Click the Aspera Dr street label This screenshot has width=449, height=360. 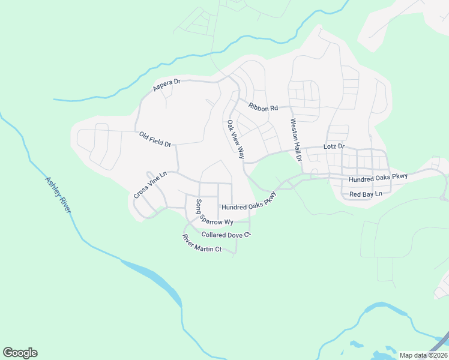pyautogui.click(x=167, y=85)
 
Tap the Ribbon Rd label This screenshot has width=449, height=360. pyautogui.click(x=264, y=107)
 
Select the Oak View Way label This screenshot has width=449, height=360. pyautogui.click(x=235, y=140)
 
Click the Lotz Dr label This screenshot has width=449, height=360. pyautogui.click(x=334, y=146)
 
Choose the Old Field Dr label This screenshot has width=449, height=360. pyautogui.click(x=155, y=140)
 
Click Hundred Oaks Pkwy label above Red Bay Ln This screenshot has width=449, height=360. pyautogui.click(x=378, y=176)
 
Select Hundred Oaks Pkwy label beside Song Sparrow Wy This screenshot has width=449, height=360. pyautogui.click(x=249, y=203)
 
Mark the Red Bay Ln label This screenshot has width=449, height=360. pyautogui.click(x=366, y=194)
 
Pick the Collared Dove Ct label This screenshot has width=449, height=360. pyautogui.click(x=225, y=235)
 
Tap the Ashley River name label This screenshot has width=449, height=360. pyautogui.click(x=58, y=194)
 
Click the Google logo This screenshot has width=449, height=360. pyautogui.click(x=20, y=353)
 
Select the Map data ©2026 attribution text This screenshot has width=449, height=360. pyautogui.click(x=423, y=355)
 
